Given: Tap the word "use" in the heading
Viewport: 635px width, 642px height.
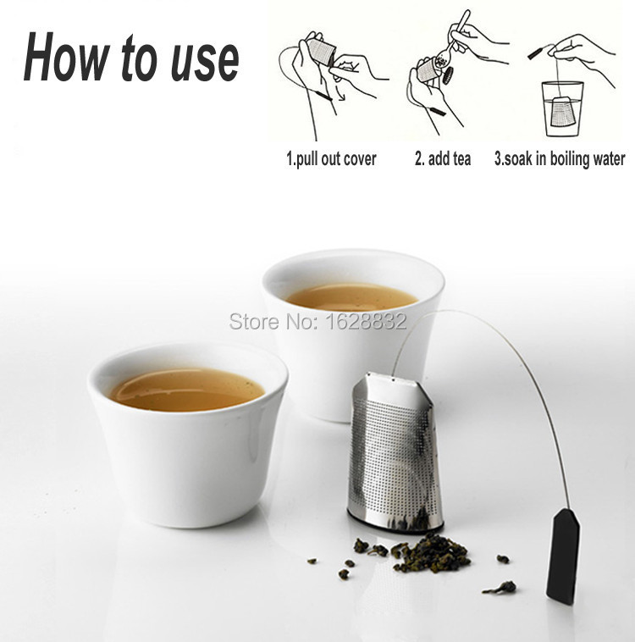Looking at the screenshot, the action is pos(205,62).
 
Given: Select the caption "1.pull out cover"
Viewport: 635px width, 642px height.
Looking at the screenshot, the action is pos(331,159).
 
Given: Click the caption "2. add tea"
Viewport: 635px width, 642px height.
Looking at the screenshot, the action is pos(443,158).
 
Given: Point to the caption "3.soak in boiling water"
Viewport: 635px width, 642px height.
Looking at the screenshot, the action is pos(560,159).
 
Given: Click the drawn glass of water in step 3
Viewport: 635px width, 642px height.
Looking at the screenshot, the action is pos(562,108).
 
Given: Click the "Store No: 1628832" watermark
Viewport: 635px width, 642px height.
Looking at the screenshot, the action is pos(318,321).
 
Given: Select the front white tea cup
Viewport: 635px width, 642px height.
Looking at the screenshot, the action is pos(187,434).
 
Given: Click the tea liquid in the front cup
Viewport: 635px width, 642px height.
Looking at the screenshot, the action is pos(187,389).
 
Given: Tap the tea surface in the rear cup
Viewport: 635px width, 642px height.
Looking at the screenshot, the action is pos(351,296).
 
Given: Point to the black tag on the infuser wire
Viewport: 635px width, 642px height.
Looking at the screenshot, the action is pos(563,556).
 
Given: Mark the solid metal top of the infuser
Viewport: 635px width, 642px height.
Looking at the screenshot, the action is pos(393,389).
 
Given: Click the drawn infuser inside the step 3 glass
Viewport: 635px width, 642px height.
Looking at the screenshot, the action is pos(564,112).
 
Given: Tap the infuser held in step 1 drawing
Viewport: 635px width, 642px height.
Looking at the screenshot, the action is pos(322,52).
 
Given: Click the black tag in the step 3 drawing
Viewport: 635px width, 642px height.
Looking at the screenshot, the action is pos(535,53).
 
